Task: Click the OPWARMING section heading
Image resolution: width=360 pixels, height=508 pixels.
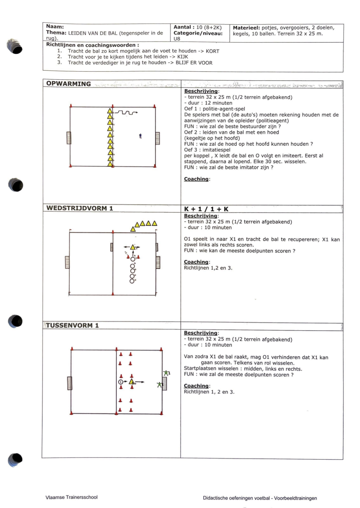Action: tap(68, 84)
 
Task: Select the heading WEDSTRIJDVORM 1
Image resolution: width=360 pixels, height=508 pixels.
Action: tap(79, 208)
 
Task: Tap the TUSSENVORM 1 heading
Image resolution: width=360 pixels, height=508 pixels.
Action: tap(72, 325)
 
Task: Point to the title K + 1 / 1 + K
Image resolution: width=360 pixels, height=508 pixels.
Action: tap(206, 209)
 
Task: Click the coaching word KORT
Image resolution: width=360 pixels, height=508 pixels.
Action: tap(212, 51)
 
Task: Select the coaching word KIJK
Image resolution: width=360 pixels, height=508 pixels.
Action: tap(182, 57)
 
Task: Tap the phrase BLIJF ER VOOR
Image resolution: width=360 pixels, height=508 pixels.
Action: tap(194, 63)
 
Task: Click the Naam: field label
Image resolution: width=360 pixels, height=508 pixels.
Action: tap(55, 27)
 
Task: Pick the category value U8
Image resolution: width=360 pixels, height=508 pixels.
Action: tap(177, 39)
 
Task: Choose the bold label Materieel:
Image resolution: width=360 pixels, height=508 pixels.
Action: tap(246, 28)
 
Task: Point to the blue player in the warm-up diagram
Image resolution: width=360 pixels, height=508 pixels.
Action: tap(140, 136)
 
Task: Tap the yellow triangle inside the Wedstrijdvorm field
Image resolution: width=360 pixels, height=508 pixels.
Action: tap(133, 247)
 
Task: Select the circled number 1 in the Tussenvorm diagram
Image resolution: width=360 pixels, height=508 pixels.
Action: tap(121, 382)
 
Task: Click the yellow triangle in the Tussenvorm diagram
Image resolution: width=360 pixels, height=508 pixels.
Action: tap(131, 382)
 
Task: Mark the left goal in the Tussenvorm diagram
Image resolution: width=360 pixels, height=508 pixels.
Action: tap(70, 383)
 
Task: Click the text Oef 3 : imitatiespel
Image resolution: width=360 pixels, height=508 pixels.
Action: tap(207, 150)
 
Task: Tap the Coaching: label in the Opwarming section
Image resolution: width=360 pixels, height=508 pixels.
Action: tap(197, 179)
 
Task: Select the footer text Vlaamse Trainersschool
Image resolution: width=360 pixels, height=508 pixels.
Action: tap(71, 497)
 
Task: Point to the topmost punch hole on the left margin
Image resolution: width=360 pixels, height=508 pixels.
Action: tap(15, 47)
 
